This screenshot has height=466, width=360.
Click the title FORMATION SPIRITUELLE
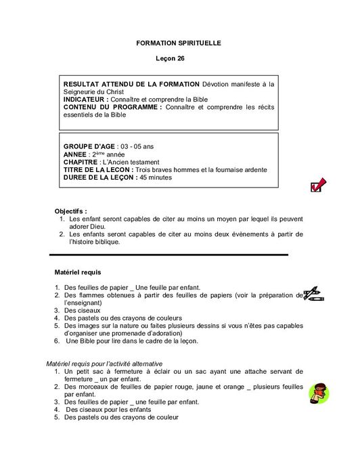[x=179, y=43]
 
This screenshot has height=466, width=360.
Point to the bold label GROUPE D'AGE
[x=89, y=146]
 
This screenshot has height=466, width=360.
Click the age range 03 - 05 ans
[x=139, y=146]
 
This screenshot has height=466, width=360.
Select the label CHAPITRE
[x=80, y=162]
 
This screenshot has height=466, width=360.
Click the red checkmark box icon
[x=317, y=186]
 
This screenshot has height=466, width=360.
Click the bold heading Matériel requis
[x=77, y=272]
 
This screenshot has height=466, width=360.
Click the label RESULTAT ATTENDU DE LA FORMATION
[x=131, y=84]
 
